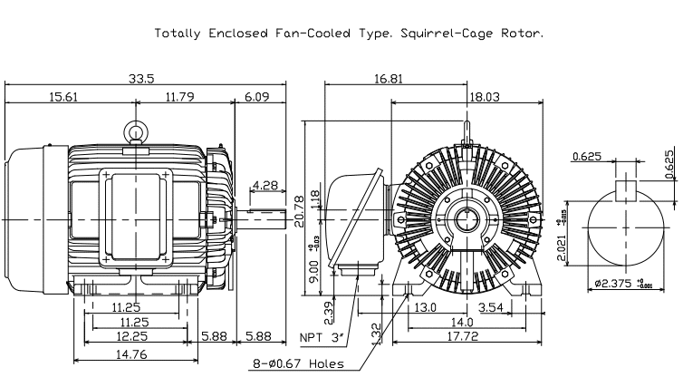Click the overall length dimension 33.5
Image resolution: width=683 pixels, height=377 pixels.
pos(141,78)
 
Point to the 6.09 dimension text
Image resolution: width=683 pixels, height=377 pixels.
pos(257,95)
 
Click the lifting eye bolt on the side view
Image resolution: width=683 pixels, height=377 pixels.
pos(136,133)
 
